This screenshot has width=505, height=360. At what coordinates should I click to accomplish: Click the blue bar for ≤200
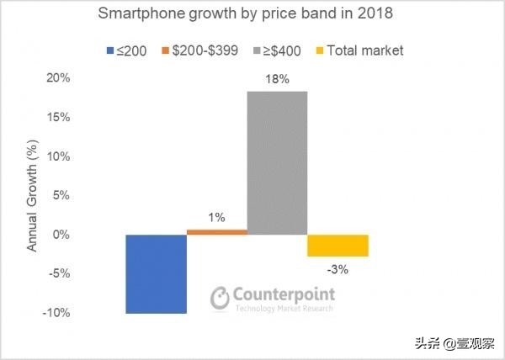(x=156, y=273)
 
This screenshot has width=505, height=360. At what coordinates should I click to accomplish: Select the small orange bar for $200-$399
(x=216, y=231)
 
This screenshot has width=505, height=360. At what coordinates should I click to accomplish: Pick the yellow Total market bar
(x=338, y=245)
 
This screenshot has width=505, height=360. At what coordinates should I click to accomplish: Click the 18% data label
(x=277, y=81)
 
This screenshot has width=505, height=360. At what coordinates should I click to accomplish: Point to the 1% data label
(x=216, y=218)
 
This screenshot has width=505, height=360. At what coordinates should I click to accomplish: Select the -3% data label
(x=338, y=270)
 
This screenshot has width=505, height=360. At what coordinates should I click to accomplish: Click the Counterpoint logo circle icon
(x=220, y=297)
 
